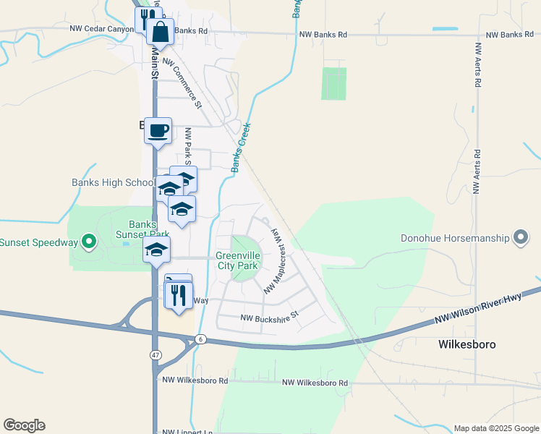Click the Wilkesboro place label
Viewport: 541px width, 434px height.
point(467,345)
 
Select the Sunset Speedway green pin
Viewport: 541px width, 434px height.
point(89,242)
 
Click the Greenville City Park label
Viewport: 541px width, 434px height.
point(237,260)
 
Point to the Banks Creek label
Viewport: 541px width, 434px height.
point(241,148)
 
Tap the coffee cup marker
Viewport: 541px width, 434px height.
point(158,132)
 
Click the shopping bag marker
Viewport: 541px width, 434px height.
point(160,32)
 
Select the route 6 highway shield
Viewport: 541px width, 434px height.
point(200,339)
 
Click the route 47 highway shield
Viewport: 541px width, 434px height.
point(156,354)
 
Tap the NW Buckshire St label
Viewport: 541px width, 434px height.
point(268,318)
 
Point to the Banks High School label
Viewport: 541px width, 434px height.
point(112,183)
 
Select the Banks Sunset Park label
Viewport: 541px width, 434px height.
point(149,229)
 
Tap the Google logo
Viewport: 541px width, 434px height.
point(24,425)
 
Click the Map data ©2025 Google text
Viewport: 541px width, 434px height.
point(496,428)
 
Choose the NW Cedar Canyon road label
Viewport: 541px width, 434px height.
point(101,29)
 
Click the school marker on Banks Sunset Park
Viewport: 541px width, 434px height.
point(156,252)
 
